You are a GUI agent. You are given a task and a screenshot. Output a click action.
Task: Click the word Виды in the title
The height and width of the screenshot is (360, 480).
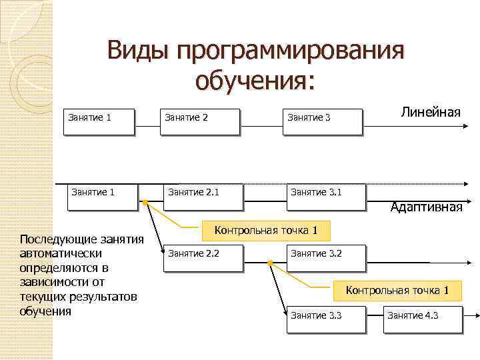(137, 51)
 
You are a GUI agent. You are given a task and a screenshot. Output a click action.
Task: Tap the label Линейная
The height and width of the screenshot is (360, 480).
(431, 111)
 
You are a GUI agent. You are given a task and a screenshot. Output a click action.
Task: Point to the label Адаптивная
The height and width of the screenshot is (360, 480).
(427, 207)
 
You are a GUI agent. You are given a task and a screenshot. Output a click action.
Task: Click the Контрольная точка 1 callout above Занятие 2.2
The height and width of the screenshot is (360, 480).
(265, 231)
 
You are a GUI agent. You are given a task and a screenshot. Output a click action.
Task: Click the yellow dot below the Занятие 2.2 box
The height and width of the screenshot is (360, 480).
(271, 263)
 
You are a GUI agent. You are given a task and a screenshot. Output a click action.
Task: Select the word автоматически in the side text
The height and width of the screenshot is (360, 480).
(61, 254)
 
